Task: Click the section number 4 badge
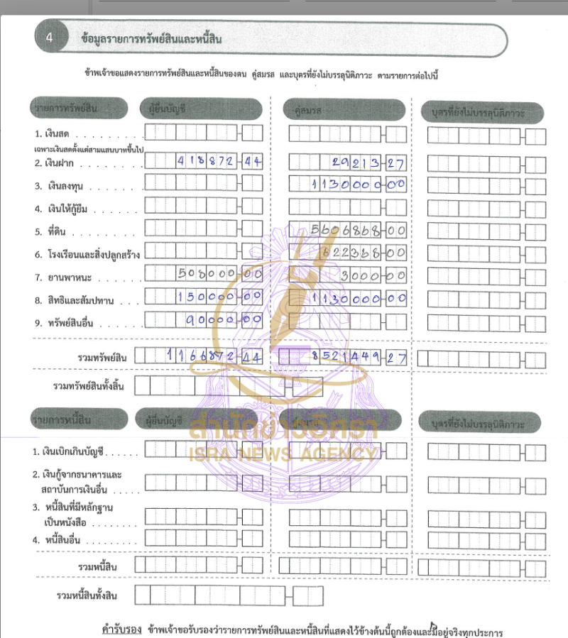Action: [49, 39]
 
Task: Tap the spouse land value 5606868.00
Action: [359, 230]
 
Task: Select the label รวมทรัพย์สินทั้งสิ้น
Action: [89, 386]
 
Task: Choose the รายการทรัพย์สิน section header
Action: [78, 109]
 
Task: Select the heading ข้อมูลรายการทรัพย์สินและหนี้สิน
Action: [151, 39]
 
